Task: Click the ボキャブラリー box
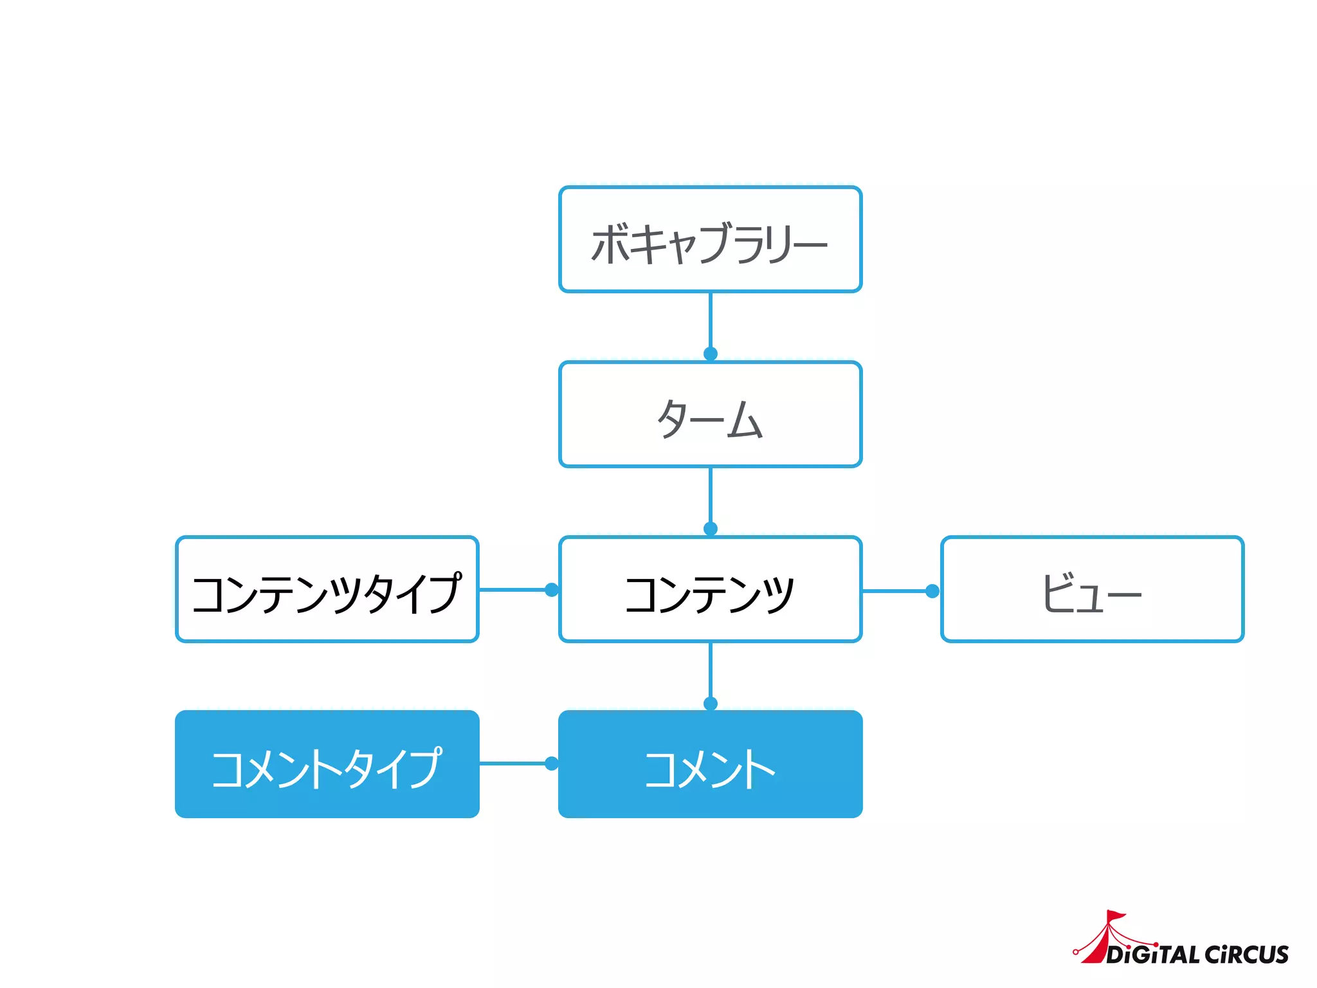tap(710, 240)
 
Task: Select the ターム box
tap(710, 415)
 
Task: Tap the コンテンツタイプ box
tap(327, 590)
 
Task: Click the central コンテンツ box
tap(710, 590)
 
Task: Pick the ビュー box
tap(1092, 590)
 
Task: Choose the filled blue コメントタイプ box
tap(327, 764)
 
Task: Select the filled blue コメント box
tap(710, 764)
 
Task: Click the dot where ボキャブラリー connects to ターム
tap(711, 354)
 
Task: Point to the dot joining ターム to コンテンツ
tap(711, 529)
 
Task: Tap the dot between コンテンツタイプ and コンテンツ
tap(552, 590)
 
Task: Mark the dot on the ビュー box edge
tap(932, 591)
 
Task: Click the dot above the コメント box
tap(711, 704)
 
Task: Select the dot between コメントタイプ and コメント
tap(552, 764)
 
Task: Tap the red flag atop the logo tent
tap(1116, 915)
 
